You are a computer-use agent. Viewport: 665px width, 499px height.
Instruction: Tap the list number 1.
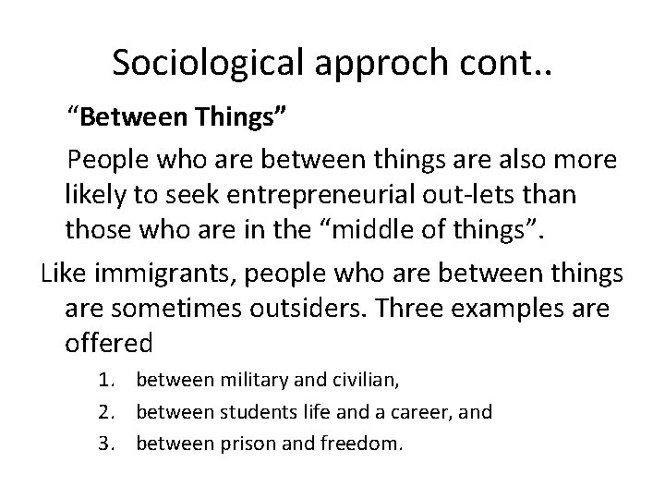point(109,379)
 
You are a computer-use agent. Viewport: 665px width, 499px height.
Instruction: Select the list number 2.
point(109,410)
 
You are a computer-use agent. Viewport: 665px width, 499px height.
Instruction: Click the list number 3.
point(109,443)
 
